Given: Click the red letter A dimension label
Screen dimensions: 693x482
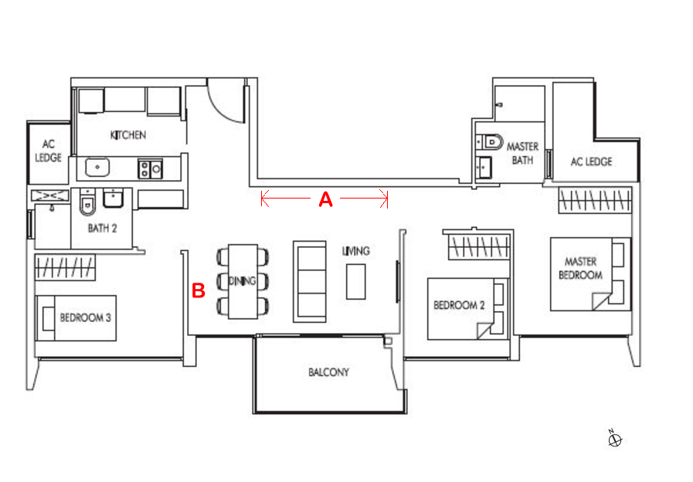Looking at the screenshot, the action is tap(326, 200).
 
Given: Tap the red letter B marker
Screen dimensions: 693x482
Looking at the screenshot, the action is tap(199, 290).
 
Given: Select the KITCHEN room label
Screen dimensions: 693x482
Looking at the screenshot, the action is tap(128, 134).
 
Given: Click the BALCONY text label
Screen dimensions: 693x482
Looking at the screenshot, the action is tap(329, 372).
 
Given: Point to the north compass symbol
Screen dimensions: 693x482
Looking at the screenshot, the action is tap(614, 439).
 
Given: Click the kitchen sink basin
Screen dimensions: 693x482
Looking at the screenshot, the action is tap(97, 168).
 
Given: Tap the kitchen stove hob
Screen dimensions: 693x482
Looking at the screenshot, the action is tap(151, 168).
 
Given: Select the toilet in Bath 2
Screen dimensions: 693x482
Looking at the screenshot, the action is tap(87, 203).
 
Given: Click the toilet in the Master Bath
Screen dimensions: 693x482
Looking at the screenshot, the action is tap(493, 142).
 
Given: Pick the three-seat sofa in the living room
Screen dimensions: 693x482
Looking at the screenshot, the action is tap(310, 281).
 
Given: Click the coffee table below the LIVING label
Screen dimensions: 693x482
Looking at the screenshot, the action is tap(356, 282).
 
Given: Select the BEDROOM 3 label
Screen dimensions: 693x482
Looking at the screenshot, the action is tap(85, 317).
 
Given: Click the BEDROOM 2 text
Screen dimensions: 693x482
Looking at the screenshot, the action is tap(459, 305).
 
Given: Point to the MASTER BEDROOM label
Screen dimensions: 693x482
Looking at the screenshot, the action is tap(580, 268).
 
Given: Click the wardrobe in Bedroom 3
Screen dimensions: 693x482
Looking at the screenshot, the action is tap(65, 267).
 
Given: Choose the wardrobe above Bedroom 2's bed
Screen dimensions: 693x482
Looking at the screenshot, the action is tap(479, 246).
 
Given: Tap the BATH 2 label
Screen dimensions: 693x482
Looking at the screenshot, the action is tap(102, 228).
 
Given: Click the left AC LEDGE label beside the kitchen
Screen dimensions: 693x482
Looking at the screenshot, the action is tap(48, 151).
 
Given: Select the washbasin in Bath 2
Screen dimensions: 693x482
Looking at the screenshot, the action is tap(114, 198).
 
